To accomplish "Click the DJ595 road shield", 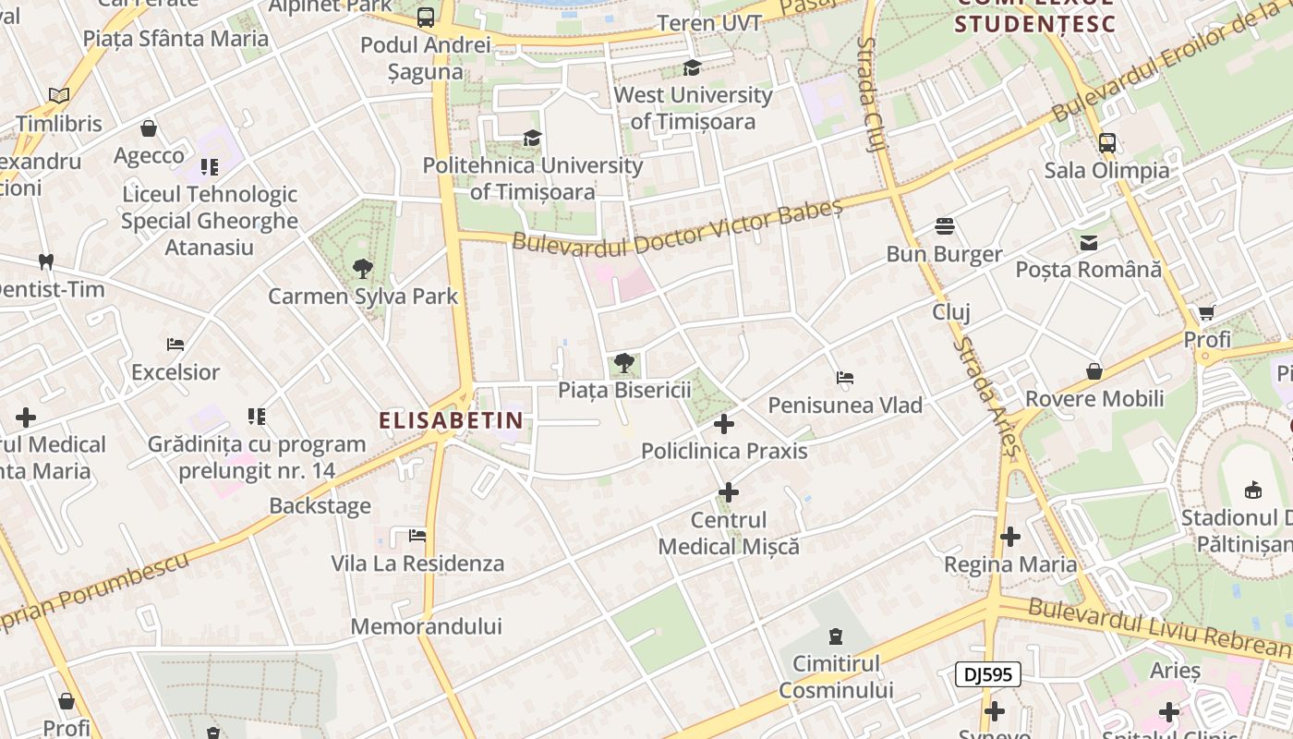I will (987, 674).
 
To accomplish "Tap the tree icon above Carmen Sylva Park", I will (362, 269).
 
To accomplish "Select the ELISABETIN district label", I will (451, 420).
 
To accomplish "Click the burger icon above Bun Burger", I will (944, 226).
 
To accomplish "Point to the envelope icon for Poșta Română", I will (1089, 243).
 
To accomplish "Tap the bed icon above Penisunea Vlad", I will (844, 378).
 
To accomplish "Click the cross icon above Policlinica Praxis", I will (725, 424).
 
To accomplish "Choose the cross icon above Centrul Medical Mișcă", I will (729, 491).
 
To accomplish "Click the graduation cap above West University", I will (692, 67).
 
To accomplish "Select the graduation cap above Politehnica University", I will (532, 139).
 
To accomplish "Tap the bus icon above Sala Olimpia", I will (1106, 143).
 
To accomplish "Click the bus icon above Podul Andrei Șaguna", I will (426, 18).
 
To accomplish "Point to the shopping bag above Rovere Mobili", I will (1094, 371).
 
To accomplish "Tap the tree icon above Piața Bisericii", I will (623, 363).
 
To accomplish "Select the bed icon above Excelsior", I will (175, 345).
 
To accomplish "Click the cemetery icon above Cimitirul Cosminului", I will (836, 636).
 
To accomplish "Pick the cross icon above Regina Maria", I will (1010, 536).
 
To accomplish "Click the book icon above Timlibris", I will (59, 95).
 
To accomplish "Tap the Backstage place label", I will (320, 505).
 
